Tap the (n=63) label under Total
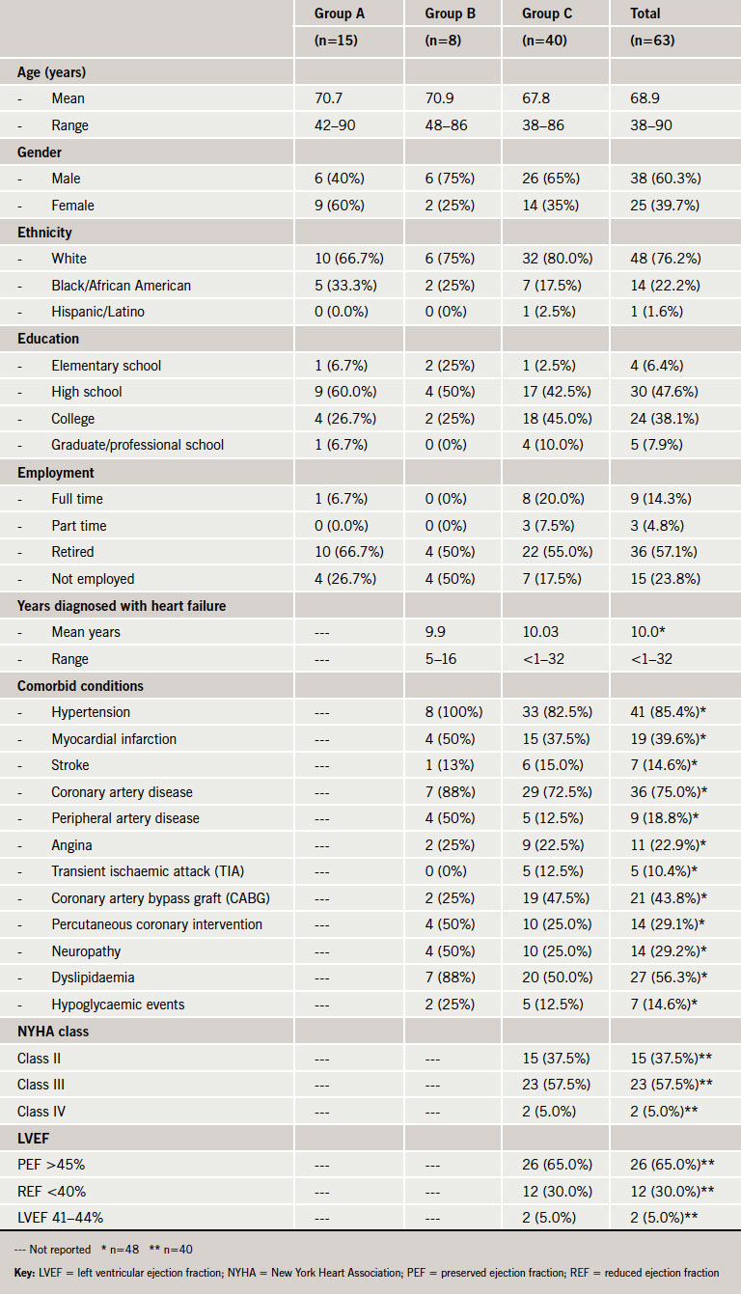(652, 41)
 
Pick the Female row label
(73, 206)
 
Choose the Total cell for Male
(665, 179)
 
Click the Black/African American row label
(121, 286)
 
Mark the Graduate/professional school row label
(137, 445)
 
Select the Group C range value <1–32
(543, 659)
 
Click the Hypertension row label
(91, 712)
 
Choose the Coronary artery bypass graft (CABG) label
(160, 898)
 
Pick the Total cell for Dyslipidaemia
(669, 977)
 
